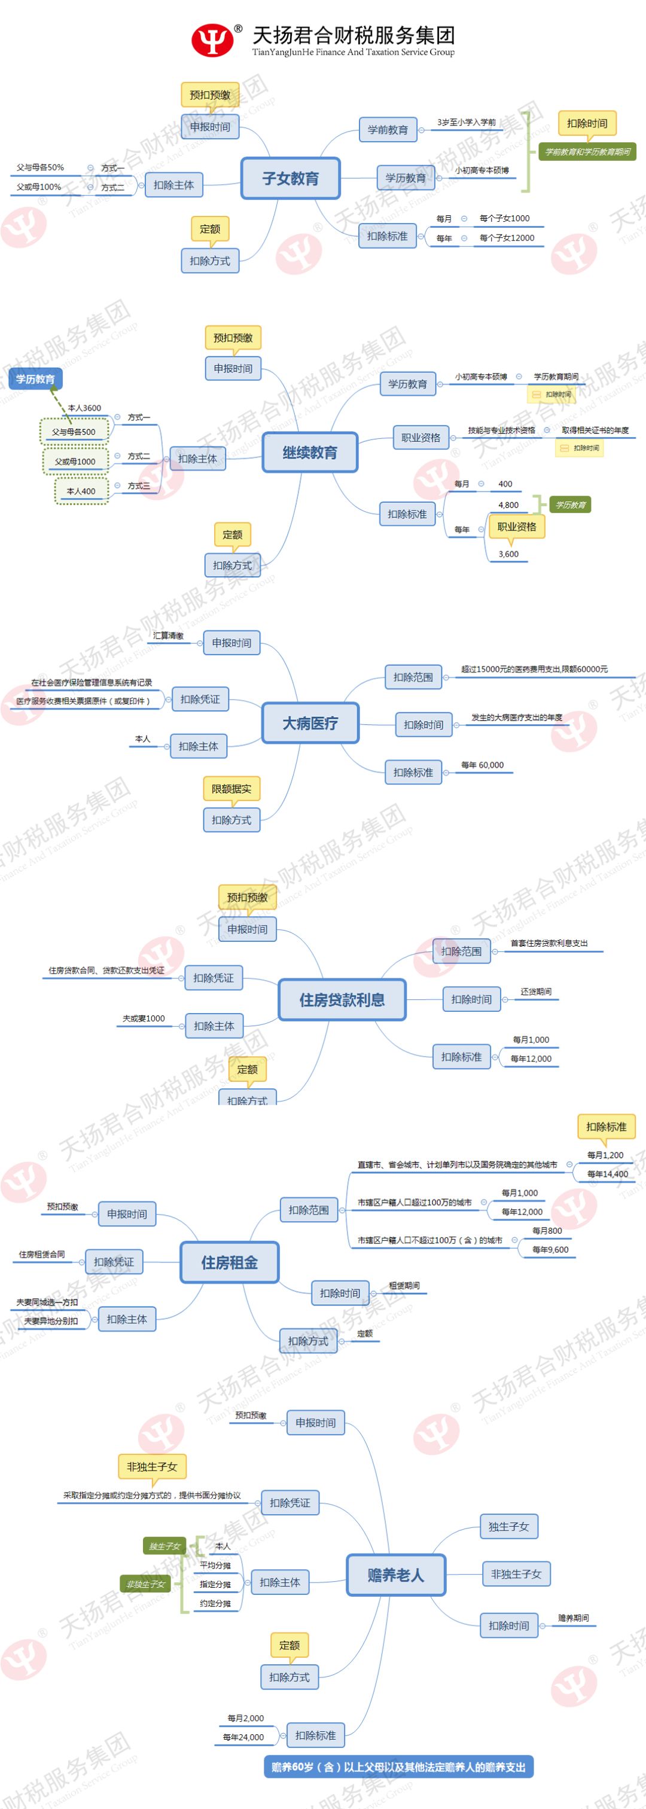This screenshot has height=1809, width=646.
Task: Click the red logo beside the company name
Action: click(x=212, y=40)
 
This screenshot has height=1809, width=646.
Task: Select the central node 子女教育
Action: click(x=290, y=178)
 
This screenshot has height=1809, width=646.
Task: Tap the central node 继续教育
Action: click(x=310, y=452)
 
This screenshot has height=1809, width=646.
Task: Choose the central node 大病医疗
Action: click(x=310, y=722)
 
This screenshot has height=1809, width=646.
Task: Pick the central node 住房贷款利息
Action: click(x=342, y=999)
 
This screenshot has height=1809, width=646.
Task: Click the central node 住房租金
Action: click(x=230, y=1262)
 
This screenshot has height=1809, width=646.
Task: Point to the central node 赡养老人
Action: click(x=396, y=1575)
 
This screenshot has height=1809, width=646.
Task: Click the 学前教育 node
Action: click(x=388, y=130)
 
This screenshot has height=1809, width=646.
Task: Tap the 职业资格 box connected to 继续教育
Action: click(x=420, y=438)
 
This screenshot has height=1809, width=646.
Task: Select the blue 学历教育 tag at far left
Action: click(x=35, y=379)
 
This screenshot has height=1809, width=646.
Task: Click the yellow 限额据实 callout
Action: click(x=231, y=789)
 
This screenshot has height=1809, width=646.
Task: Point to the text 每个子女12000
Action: click(x=507, y=238)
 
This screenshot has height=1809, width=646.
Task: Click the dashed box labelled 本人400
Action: click(x=81, y=491)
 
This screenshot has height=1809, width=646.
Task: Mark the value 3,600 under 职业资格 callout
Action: click(x=508, y=554)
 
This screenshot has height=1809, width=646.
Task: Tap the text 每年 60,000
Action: click(x=482, y=765)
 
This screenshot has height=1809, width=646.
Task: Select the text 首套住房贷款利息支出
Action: click(x=549, y=943)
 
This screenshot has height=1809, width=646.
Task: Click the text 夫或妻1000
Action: click(x=144, y=1018)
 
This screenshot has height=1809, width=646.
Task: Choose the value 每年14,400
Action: click(x=607, y=1173)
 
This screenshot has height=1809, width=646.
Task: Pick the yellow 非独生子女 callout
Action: click(x=152, y=1466)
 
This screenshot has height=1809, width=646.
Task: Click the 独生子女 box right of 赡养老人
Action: click(x=508, y=1526)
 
